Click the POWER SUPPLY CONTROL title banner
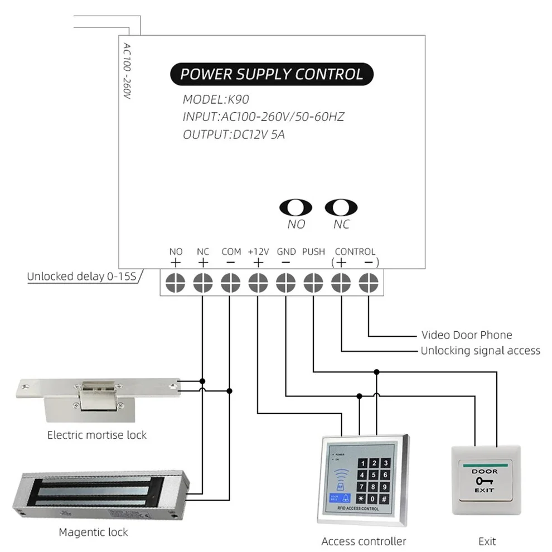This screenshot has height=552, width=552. point(271,74)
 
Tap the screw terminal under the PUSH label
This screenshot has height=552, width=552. point(313,282)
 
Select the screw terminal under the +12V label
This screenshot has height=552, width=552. point(258,282)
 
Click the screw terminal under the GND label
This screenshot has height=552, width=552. point(285,282)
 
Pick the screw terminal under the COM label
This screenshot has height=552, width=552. point(230,282)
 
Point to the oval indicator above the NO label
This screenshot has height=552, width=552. point(296,207)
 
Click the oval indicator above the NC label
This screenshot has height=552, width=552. point(341,207)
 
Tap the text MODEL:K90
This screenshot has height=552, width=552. point(216,100)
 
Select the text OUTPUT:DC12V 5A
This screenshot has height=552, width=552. point(234,134)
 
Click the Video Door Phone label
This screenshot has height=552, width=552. point(466,335)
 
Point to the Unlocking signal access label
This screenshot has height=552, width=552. point(480,351)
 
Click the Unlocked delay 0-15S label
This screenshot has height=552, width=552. point(82,276)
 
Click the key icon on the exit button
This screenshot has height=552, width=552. point(485,481)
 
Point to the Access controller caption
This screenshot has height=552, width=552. point(364,541)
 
